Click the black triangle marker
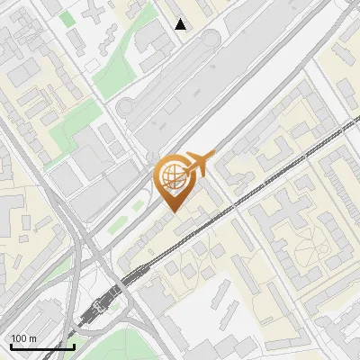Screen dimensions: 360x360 pos(181,24)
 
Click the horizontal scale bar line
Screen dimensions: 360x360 pos(42,346)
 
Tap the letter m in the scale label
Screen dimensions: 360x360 pos(32,339)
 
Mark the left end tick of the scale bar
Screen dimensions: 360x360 pos(11,345)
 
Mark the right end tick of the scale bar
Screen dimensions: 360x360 pos(74,345)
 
